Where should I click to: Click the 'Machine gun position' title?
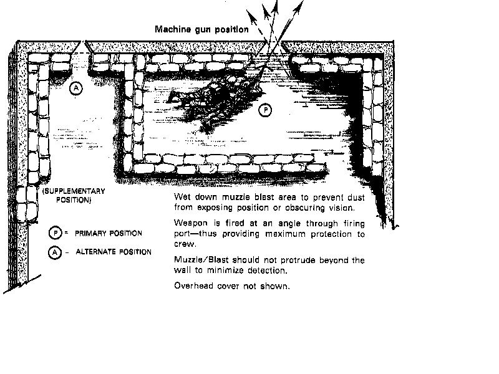201,29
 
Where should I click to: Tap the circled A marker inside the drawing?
75,88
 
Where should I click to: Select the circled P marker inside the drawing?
265,110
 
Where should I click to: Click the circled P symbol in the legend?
56,233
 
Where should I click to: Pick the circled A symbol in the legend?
55,252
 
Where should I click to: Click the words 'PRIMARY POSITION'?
108,233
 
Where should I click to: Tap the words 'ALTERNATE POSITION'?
114,252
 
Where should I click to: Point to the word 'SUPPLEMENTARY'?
74,191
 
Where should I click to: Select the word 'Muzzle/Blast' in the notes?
201,260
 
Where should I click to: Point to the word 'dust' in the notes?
356,198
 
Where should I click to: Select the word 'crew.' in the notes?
185,244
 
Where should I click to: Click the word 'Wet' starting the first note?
182,197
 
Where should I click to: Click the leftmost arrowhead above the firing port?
251,17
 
